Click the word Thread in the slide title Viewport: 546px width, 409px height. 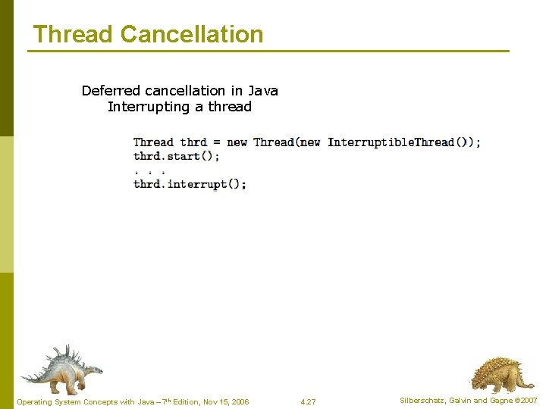coord(74,34)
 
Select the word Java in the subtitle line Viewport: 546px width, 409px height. coord(263,91)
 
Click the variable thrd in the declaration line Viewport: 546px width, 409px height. coord(193,142)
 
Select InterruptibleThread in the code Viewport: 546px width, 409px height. coord(391,142)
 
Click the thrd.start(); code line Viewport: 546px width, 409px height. coord(177,156)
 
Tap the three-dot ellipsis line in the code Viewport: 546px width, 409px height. coord(149,170)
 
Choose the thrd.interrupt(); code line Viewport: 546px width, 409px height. coord(190,184)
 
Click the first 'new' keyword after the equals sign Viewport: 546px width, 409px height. coord(237,142)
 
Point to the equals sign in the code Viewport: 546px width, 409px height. coord(217,142)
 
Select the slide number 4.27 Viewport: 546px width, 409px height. coord(308,401)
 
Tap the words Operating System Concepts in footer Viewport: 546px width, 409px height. coord(61,401)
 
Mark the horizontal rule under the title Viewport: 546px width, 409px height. coord(268,52)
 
